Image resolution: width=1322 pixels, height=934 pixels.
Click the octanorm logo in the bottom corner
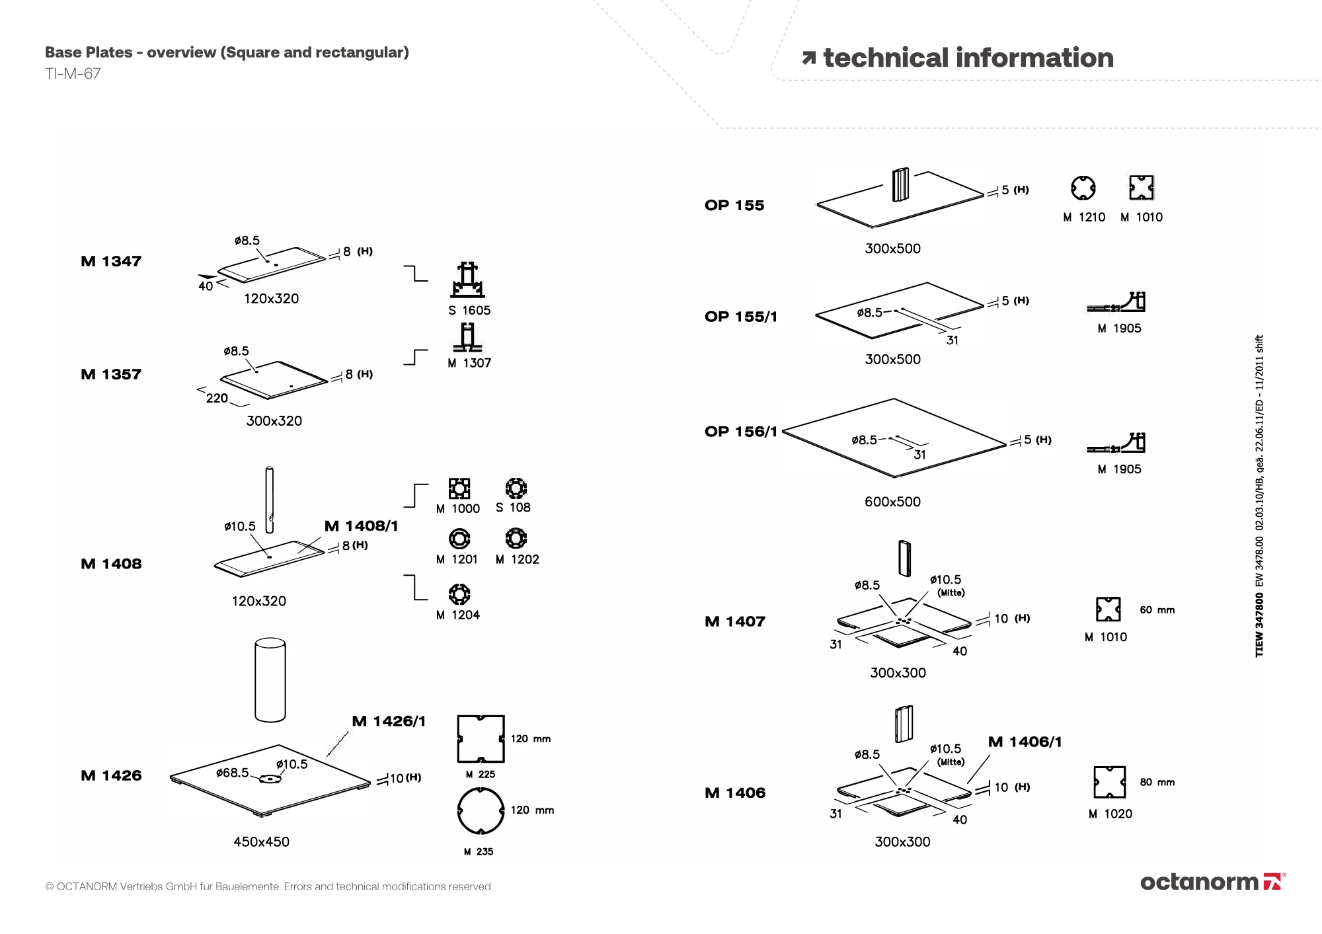pos(1212,882)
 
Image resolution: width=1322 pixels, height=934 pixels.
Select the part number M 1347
pos(111,261)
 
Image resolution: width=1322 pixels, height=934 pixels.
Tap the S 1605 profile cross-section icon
pos(468,280)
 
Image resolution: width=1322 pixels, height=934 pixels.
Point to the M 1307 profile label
pos(469,363)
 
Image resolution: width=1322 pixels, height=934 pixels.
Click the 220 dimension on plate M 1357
pos(217,398)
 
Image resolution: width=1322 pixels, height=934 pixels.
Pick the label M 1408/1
pos(361,526)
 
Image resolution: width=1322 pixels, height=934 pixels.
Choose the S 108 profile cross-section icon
pos(516,488)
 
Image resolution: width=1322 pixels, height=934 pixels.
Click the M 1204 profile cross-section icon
pos(459,594)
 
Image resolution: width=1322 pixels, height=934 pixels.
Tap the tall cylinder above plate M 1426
pos(270,680)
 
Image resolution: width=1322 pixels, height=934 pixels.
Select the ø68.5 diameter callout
pos(233,773)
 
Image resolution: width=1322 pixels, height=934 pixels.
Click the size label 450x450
pos(261,841)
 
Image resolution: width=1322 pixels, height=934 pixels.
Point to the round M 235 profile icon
pos(480,810)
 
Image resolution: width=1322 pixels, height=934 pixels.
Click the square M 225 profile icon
pos(481,738)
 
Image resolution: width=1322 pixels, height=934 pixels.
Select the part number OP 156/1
pos(740,432)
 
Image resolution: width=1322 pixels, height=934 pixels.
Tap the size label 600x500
pos(892,502)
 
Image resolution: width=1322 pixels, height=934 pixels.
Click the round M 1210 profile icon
pos(1083,188)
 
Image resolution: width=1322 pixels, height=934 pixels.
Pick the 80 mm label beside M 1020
pos(1157,783)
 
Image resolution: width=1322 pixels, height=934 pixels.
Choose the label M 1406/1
pos(1025,742)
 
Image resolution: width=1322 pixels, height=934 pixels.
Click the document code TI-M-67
pos(73,74)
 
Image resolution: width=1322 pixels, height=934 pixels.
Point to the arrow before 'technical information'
pos(808,58)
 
